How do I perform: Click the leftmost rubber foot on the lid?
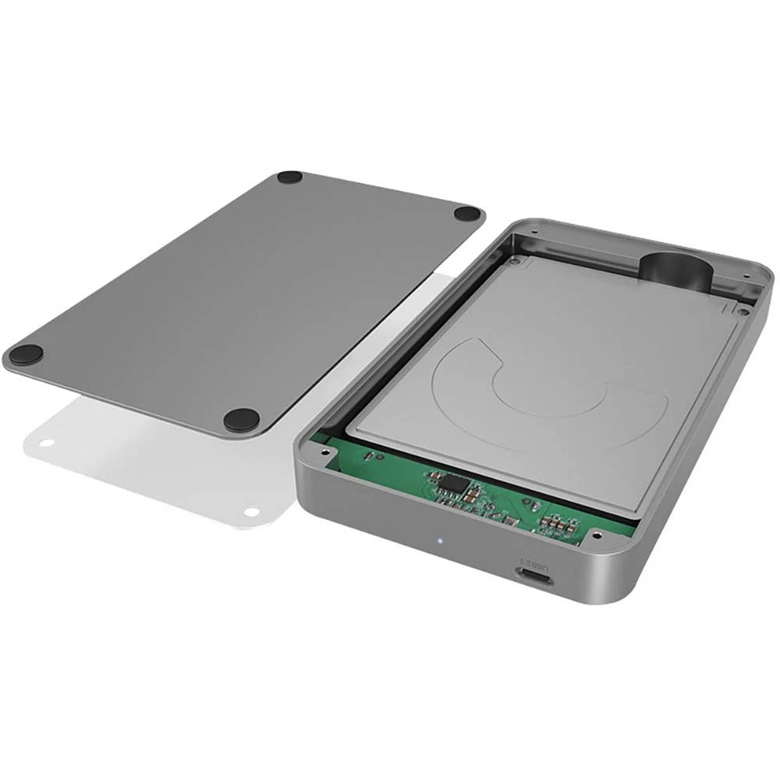point(26,356)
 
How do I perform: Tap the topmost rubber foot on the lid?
point(289,178)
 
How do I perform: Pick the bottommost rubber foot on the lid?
point(241,420)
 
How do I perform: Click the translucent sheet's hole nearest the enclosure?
point(251,512)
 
